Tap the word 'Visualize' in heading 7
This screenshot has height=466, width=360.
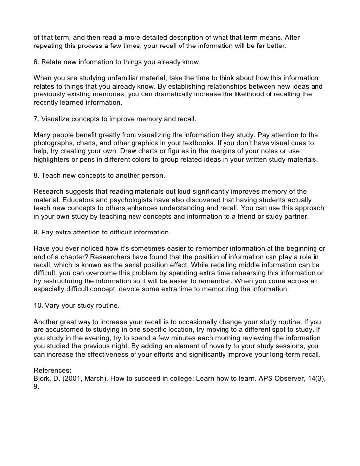(x=58, y=119)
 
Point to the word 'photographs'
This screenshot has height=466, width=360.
(x=54, y=143)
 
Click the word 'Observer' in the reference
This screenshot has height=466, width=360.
(x=283, y=378)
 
